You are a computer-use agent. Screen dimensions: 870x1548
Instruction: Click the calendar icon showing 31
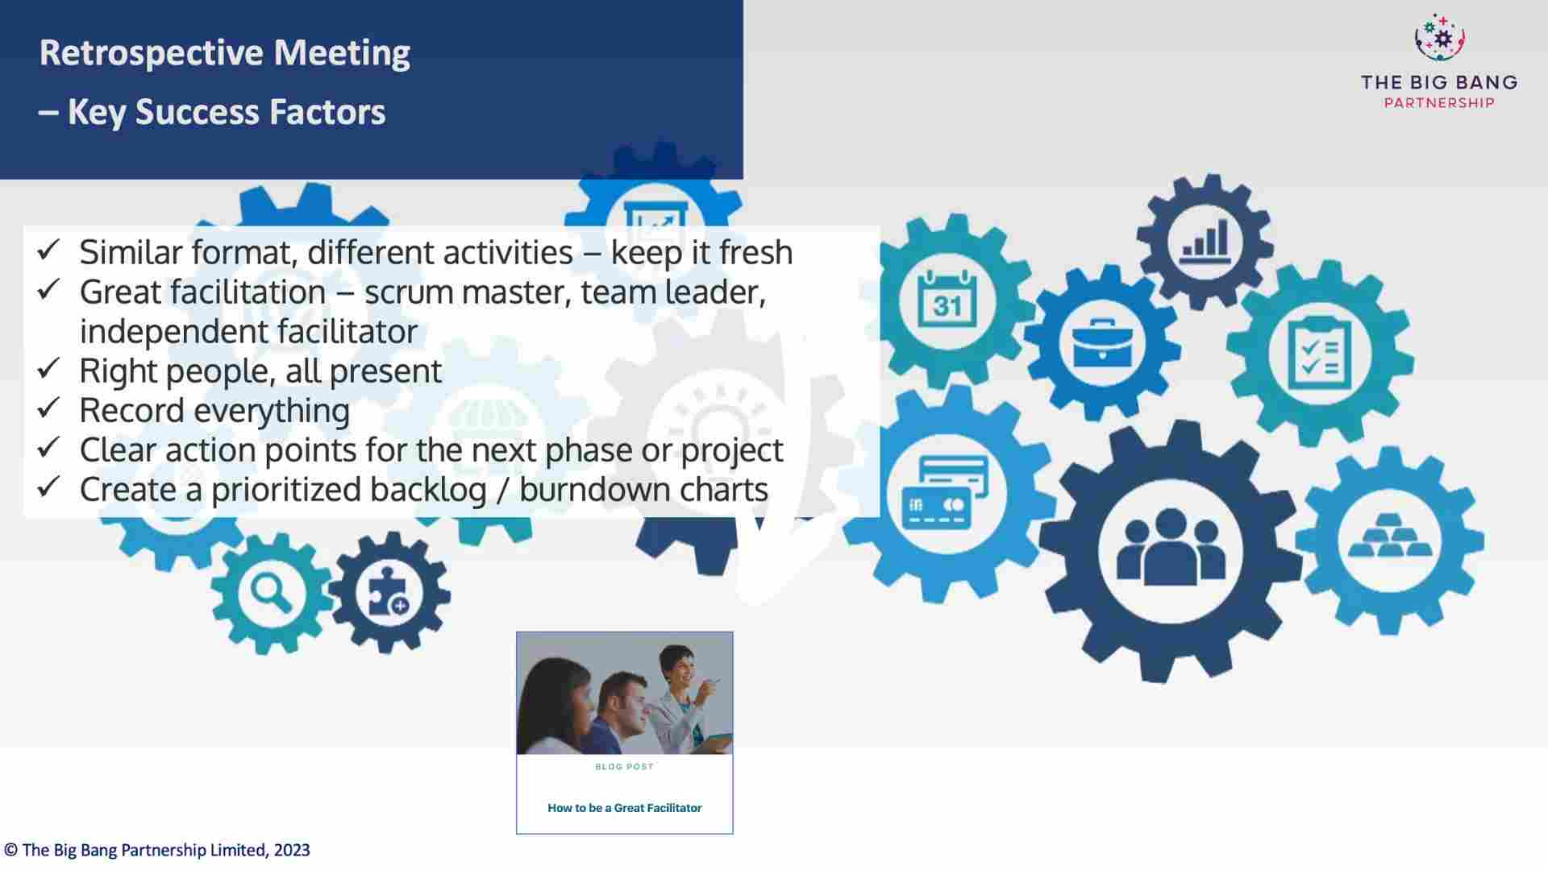(947, 300)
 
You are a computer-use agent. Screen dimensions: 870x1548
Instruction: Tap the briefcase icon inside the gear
(1101, 345)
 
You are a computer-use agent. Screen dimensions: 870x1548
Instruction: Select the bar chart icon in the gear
(1205, 241)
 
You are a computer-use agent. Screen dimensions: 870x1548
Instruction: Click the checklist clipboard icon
(1319, 354)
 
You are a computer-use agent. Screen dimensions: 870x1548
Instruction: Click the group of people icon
(1171, 549)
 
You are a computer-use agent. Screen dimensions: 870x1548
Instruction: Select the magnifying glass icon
(271, 594)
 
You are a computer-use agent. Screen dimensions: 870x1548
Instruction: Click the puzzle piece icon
(389, 594)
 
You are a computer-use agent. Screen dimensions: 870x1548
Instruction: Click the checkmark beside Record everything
(48, 408)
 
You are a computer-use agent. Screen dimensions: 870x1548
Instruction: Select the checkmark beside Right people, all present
(48, 369)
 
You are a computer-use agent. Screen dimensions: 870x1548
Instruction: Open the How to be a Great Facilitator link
(624, 808)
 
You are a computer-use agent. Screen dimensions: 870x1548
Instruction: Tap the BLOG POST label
(624, 767)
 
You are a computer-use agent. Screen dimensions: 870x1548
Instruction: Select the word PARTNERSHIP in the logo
(1438, 103)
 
